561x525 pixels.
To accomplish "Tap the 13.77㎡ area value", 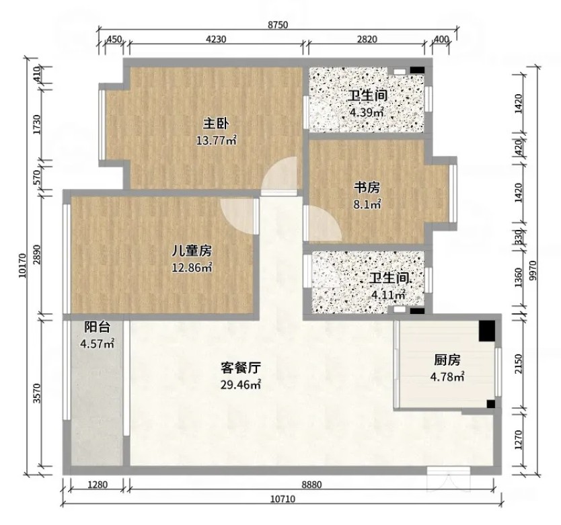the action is pos(216,140).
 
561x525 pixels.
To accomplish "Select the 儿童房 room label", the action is pos(192,251).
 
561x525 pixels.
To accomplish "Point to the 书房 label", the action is pos(367,188).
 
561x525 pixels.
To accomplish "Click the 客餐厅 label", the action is pos(240,368).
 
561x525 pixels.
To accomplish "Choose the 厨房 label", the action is pos(447,360).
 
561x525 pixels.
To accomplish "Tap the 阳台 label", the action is pos(97,327).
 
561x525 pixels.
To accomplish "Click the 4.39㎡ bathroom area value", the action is pos(367,112).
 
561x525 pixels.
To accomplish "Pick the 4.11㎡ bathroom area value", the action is pos(388,295).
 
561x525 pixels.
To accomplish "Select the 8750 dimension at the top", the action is pos(278,25).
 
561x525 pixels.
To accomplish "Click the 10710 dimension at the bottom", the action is pos(283,499).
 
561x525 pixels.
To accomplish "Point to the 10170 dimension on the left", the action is pos(22,266).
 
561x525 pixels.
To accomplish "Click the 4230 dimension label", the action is pos(216,39).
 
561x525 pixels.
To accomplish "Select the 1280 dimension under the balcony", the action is pos(98,485).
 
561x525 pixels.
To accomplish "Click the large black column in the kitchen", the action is pos(487,330).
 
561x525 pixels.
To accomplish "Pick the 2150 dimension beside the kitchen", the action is pos(519,364).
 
